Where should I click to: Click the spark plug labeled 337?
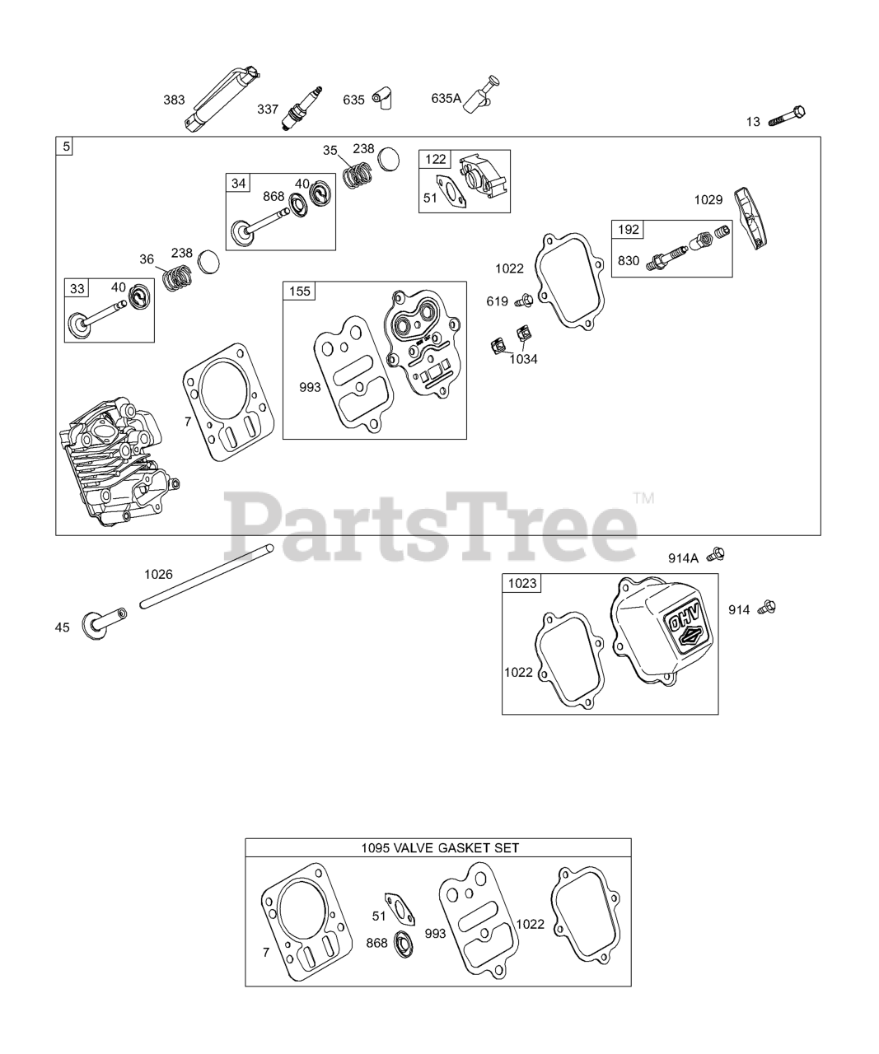pyautogui.click(x=302, y=109)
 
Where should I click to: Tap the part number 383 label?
pyautogui.click(x=174, y=100)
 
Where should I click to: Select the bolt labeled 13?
pyautogui.click(x=787, y=116)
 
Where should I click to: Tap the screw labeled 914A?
pyautogui.click(x=717, y=555)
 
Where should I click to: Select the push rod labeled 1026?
pyautogui.click(x=207, y=576)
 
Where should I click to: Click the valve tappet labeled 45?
pyautogui.click(x=104, y=623)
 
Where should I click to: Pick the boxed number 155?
pyautogui.click(x=299, y=291)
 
